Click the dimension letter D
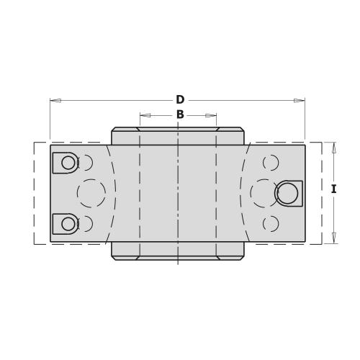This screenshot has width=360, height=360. point(180,100)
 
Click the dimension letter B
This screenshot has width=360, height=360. point(180,114)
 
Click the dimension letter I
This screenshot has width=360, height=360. point(333,189)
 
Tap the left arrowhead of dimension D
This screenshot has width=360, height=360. point(55,100)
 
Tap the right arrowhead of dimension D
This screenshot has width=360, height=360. point(299,100)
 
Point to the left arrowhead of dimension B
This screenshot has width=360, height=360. point(145,115)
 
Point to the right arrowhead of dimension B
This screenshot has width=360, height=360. point(211,115)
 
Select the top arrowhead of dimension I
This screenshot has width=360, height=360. point(333,148)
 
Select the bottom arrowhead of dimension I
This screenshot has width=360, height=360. point(333,238)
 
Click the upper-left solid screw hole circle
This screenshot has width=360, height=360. point(68,163)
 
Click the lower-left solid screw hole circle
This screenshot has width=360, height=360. point(68,224)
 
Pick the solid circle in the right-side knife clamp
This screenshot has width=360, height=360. point(287,193)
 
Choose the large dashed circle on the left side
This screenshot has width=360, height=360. point(91,193)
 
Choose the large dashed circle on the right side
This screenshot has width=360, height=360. point(264,193)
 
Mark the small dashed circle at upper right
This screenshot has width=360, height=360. point(271,163)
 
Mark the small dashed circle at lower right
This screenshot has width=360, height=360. point(271,224)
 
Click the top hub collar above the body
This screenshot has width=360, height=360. point(178,136)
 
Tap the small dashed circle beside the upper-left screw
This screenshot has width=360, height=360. point(86,163)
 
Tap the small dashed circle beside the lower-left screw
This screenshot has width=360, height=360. point(86,224)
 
